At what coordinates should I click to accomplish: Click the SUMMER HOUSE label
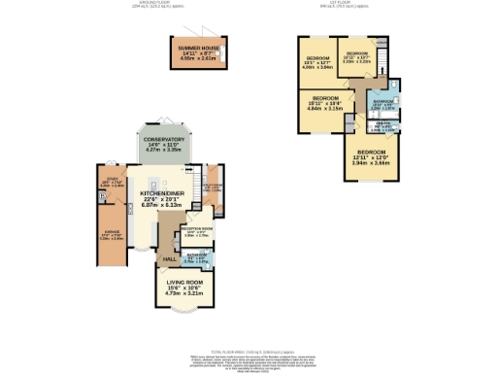(x=198, y=47)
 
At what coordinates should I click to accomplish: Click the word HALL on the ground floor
(x=169, y=260)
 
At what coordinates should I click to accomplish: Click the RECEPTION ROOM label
(x=196, y=228)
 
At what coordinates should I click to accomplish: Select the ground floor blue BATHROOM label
(x=197, y=255)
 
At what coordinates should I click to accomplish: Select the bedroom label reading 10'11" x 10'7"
(x=357, y=53)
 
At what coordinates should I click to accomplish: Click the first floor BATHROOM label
(x=382, y=101)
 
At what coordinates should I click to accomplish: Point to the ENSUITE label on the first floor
(x=383, y=123)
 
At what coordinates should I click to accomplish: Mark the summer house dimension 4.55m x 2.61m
(x=198, y=58)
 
